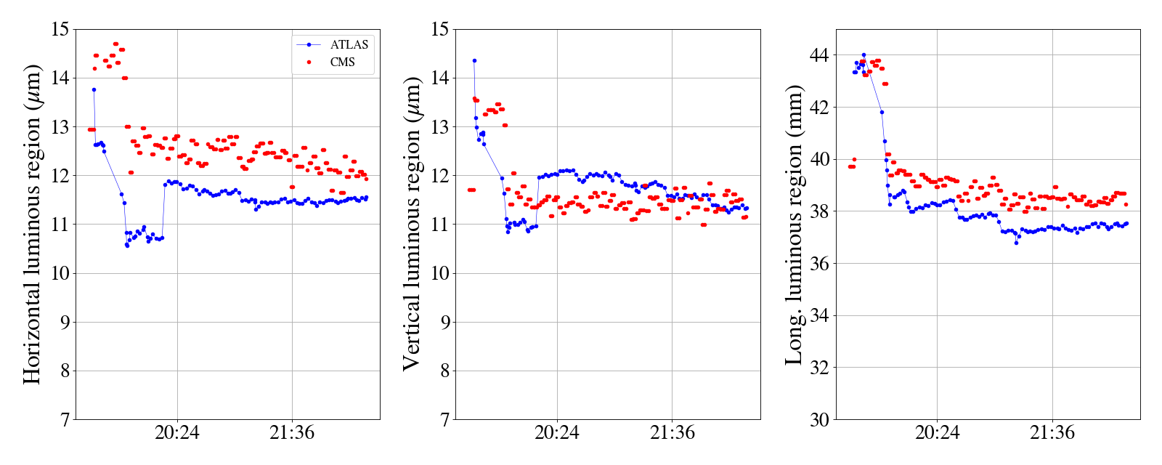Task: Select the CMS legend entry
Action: [342, 62]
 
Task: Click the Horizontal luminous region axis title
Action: [32, 224]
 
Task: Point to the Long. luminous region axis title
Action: [794, 224]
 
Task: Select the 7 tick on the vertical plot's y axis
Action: [444, 419]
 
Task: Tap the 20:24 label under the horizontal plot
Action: [177, 433]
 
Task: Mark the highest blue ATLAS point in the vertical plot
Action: [474, 61]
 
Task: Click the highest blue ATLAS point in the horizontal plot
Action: [94, 89]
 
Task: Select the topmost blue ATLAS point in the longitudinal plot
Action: [864, 54]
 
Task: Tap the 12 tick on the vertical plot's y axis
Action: [439, 176]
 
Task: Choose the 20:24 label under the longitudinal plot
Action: [937, 433]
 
